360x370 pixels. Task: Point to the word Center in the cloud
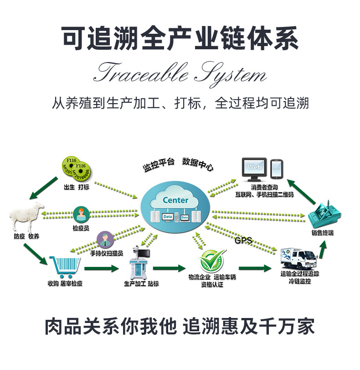(175, 200)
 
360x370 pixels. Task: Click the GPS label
(243, 240)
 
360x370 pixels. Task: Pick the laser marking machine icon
(140, 262)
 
